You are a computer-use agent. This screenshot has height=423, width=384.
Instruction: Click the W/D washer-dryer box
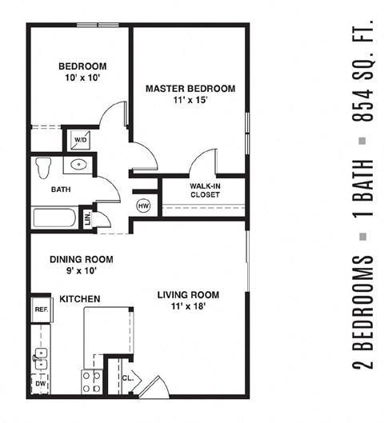click(81, 140)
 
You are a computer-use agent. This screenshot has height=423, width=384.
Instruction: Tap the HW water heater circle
click(144, 206)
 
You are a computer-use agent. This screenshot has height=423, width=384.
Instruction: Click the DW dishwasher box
click(41, 384)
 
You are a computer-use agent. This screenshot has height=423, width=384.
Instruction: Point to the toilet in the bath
click(43, 166)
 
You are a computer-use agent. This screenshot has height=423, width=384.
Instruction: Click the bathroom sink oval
click(78, 166)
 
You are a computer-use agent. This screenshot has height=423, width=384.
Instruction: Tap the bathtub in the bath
click(54, 218)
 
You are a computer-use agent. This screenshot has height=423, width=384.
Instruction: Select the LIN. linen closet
click(87, 218)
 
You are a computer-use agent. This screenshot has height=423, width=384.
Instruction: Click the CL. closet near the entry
click(127, 379)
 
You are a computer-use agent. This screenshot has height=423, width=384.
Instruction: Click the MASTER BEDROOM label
click(190, 89)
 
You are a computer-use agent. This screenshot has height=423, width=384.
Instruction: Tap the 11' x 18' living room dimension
click(189, 306)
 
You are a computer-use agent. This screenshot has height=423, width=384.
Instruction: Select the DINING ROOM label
click(81, 259)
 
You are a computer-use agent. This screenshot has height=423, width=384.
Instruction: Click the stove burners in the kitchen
click(91, 381)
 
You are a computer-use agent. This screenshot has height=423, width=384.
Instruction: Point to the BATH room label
click(61, 190)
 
